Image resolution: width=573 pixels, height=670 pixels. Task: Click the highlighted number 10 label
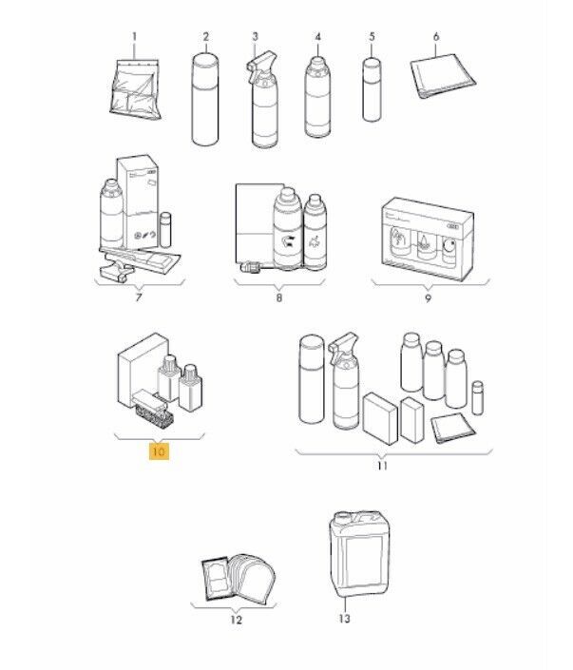(159, 451)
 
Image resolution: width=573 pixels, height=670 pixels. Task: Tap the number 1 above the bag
(134, 37)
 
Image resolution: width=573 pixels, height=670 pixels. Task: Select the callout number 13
(344, 619)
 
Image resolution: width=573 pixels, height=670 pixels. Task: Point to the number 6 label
(436, 37)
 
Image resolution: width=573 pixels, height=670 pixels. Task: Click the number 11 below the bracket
(382, 466)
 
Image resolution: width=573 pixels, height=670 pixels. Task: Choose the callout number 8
(279, 297)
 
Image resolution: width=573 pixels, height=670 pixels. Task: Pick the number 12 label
(237, 620)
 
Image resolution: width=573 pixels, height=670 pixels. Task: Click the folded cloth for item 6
(443, 76)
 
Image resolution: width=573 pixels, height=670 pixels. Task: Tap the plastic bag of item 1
(135, 89)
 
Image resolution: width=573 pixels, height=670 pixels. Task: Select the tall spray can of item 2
(205, 99)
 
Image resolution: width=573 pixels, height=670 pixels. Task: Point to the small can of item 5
(372, 89)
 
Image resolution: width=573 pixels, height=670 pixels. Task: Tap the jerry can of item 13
(359, 554)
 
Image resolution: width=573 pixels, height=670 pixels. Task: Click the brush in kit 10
(153, 410)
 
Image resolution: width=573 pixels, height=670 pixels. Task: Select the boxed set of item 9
(428, 239)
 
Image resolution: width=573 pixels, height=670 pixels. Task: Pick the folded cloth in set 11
(453, 428)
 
